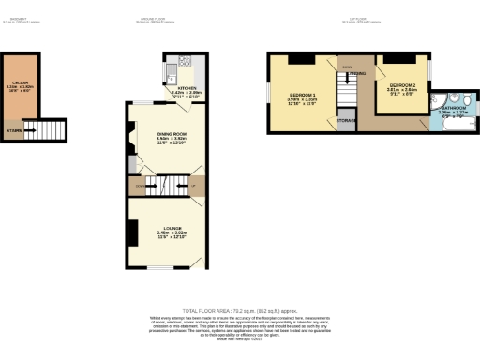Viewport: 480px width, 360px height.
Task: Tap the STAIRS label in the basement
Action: [14, 130]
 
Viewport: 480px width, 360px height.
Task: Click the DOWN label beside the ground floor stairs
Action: [141, 187]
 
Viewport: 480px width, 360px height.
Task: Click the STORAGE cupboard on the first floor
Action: [346, 121]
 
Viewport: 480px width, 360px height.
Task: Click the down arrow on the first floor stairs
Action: [348, 94]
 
